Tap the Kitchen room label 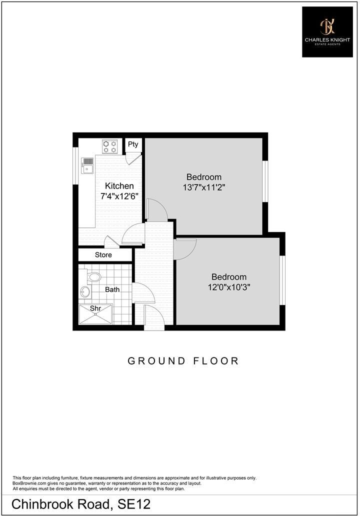(119, 186)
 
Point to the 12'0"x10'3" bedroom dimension (228, 287)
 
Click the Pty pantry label (132, 144)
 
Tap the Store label (103, 255)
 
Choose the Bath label (112, 289)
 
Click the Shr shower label (95, 308)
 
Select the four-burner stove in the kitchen (110, 146)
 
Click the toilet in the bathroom (93, 276)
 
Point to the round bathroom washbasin (85, 291)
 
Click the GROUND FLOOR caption (183, 360)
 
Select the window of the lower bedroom (282, 280)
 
